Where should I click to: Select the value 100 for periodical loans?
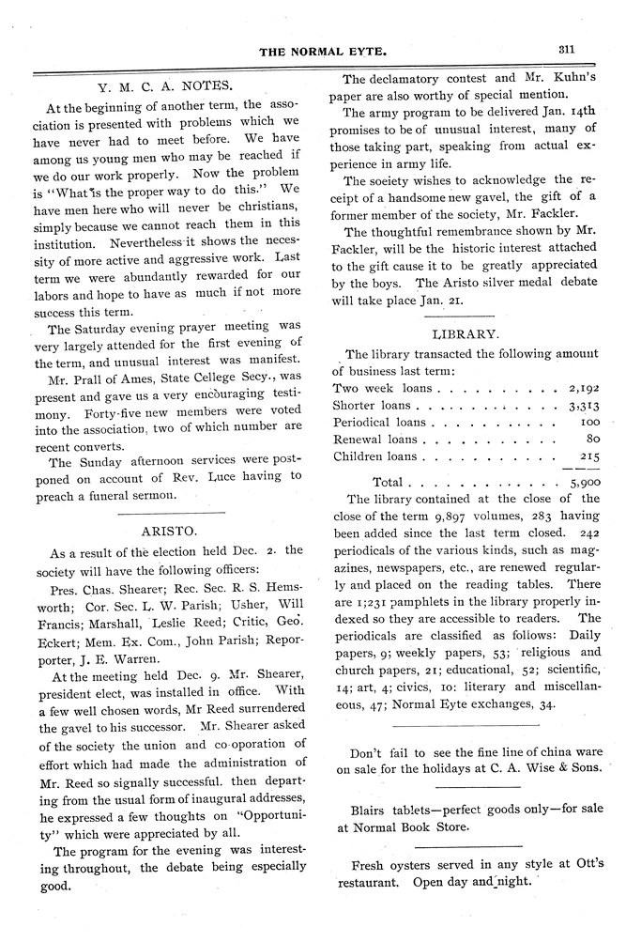coord(589,422)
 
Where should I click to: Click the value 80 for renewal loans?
coord(592,439)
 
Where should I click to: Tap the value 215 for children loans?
coord(589,456)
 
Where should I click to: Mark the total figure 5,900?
coord(584,481)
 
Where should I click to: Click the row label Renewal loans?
coord(375,439)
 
